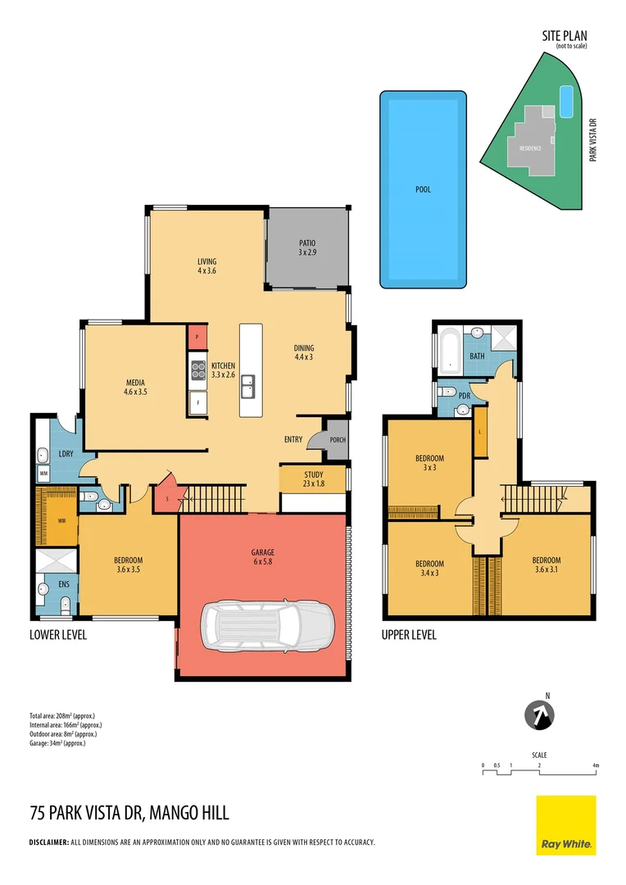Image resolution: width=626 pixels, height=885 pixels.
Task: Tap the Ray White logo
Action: pyautogui.click(x=565, y=825)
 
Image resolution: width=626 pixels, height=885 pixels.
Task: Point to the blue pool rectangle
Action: pyautogui.click(x=423, y=188)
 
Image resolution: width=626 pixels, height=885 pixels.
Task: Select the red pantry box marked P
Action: pyautogui.click(x=197, y=337)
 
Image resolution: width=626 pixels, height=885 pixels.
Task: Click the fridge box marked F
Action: pyautogui.click(x=197, y=403)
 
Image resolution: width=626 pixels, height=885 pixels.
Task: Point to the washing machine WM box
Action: pyautogui.click(x=43, y=473)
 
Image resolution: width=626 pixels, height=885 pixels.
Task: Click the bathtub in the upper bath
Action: pyautogui.click(x=450, y=352)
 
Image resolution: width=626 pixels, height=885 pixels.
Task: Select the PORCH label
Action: pyautogui.click(x=337, y=440)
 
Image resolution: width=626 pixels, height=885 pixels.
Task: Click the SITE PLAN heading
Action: pyautogui.click(x=564, y=35)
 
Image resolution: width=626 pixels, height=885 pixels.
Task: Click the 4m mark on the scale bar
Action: pyautogui.click(x=596, y=765)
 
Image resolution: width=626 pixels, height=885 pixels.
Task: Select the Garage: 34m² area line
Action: pyautogui.click(x=57, y=743)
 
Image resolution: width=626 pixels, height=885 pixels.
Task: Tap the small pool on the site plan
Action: pyautogui.click(x=565, y=101)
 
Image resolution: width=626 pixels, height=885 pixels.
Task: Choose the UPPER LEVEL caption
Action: pyautogui.click(x=409, y=634)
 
